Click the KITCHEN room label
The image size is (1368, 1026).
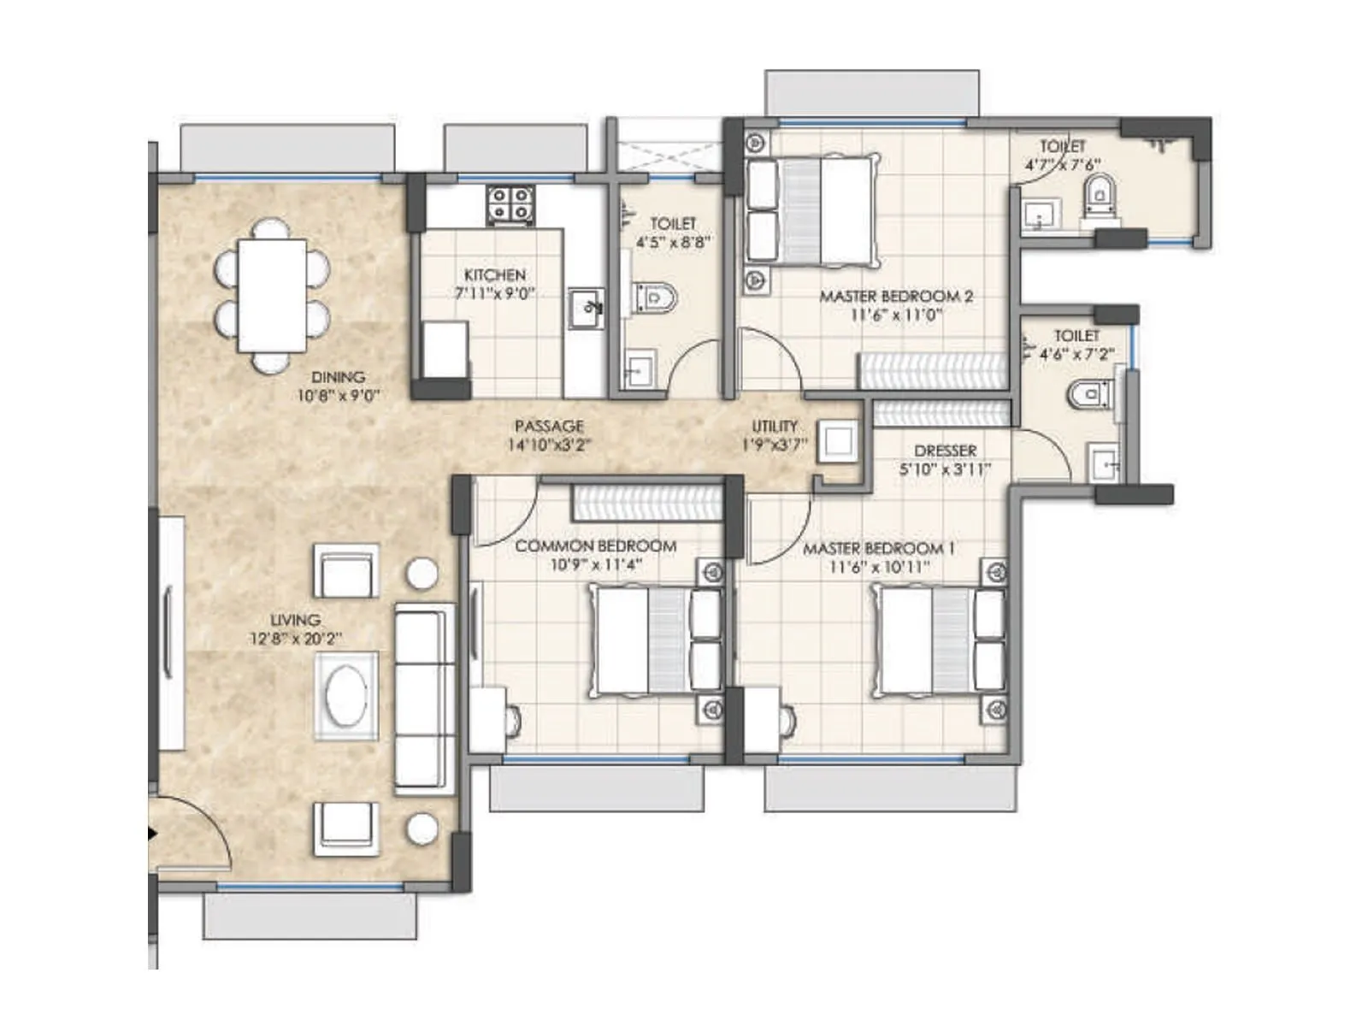pos(494,274)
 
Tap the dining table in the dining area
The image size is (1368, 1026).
pos(272,295)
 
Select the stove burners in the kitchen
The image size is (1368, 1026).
pos(510,205)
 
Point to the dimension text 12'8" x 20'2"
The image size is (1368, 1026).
pos(295,639)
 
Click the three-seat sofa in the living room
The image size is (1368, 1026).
pos(424,696)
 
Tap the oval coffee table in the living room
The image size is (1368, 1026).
pos(346,696)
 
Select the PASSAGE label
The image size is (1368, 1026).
pos(549,426)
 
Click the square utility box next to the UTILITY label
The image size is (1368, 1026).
pos(837,442)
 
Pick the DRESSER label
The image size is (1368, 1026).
pos(945,451)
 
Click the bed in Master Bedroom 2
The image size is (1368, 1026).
pos(812,211)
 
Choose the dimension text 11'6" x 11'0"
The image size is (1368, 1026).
pos(895,315)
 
